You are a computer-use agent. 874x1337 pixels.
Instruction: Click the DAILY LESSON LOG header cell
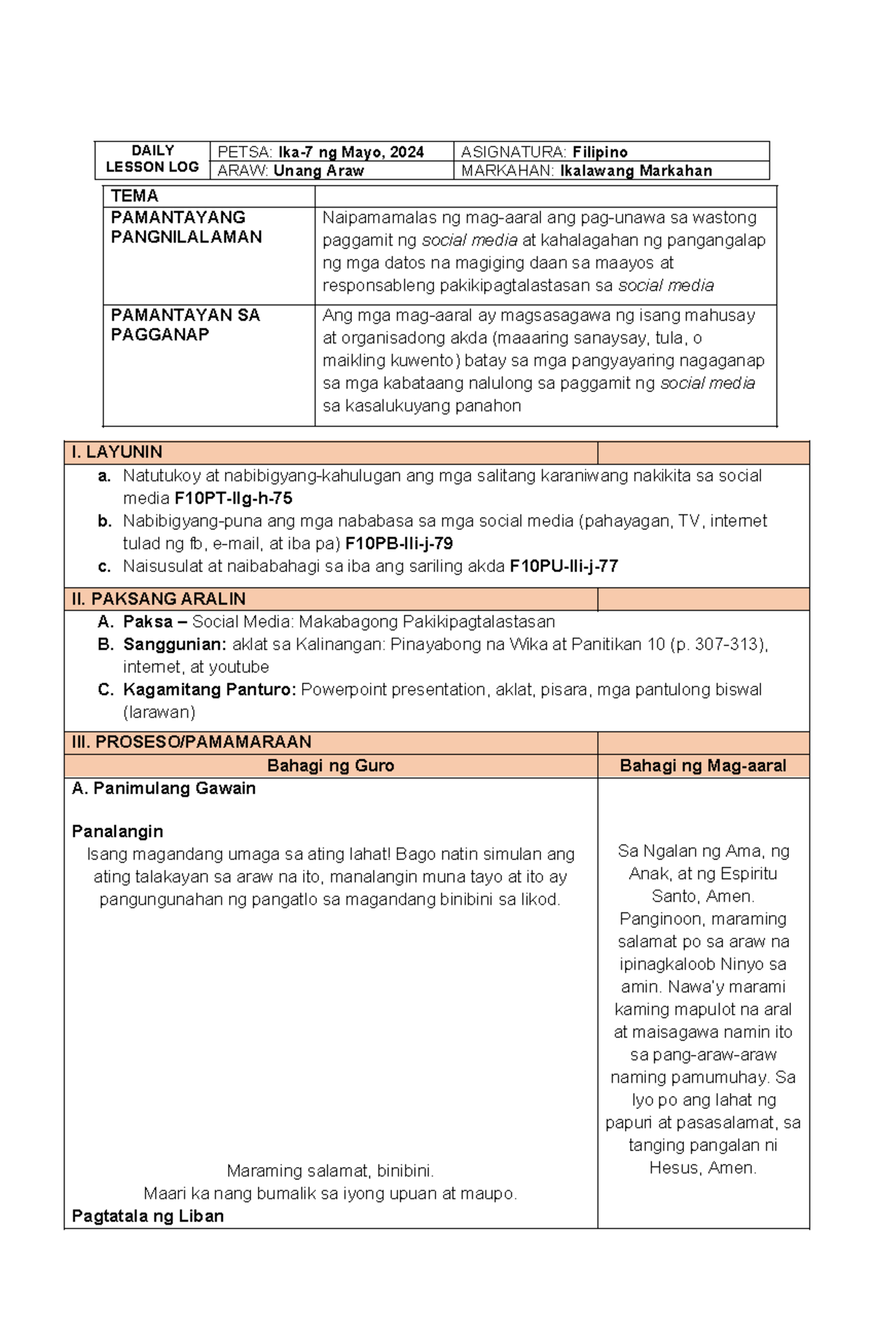(152, 159)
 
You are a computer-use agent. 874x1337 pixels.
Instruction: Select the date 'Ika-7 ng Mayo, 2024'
(350, 152)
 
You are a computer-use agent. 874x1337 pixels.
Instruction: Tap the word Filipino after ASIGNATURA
(599, 152)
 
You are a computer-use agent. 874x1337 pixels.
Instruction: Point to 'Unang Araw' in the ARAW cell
(318, 171)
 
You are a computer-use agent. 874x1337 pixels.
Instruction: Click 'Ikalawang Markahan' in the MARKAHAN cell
(636, 171)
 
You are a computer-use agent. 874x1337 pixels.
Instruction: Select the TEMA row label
(135, 196)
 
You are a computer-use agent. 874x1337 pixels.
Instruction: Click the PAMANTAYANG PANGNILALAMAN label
(186, 227)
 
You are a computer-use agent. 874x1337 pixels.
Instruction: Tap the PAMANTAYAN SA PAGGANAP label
(185, 325)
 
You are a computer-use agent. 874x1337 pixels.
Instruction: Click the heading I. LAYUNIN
(117, 452)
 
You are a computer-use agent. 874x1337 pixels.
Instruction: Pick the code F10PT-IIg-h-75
(233, 499)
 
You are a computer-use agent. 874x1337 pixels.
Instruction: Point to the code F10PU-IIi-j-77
(564, 567)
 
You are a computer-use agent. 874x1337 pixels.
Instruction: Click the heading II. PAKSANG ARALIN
(158, 600)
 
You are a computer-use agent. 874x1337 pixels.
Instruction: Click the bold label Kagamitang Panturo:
(210, 690)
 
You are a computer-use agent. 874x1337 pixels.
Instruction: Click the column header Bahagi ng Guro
(330, 766)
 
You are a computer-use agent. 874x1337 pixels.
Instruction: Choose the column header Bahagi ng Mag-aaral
(703, 766)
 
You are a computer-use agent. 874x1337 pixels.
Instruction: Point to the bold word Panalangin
(117, 832)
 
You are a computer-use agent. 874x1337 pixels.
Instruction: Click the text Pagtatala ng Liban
(148, 1216)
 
